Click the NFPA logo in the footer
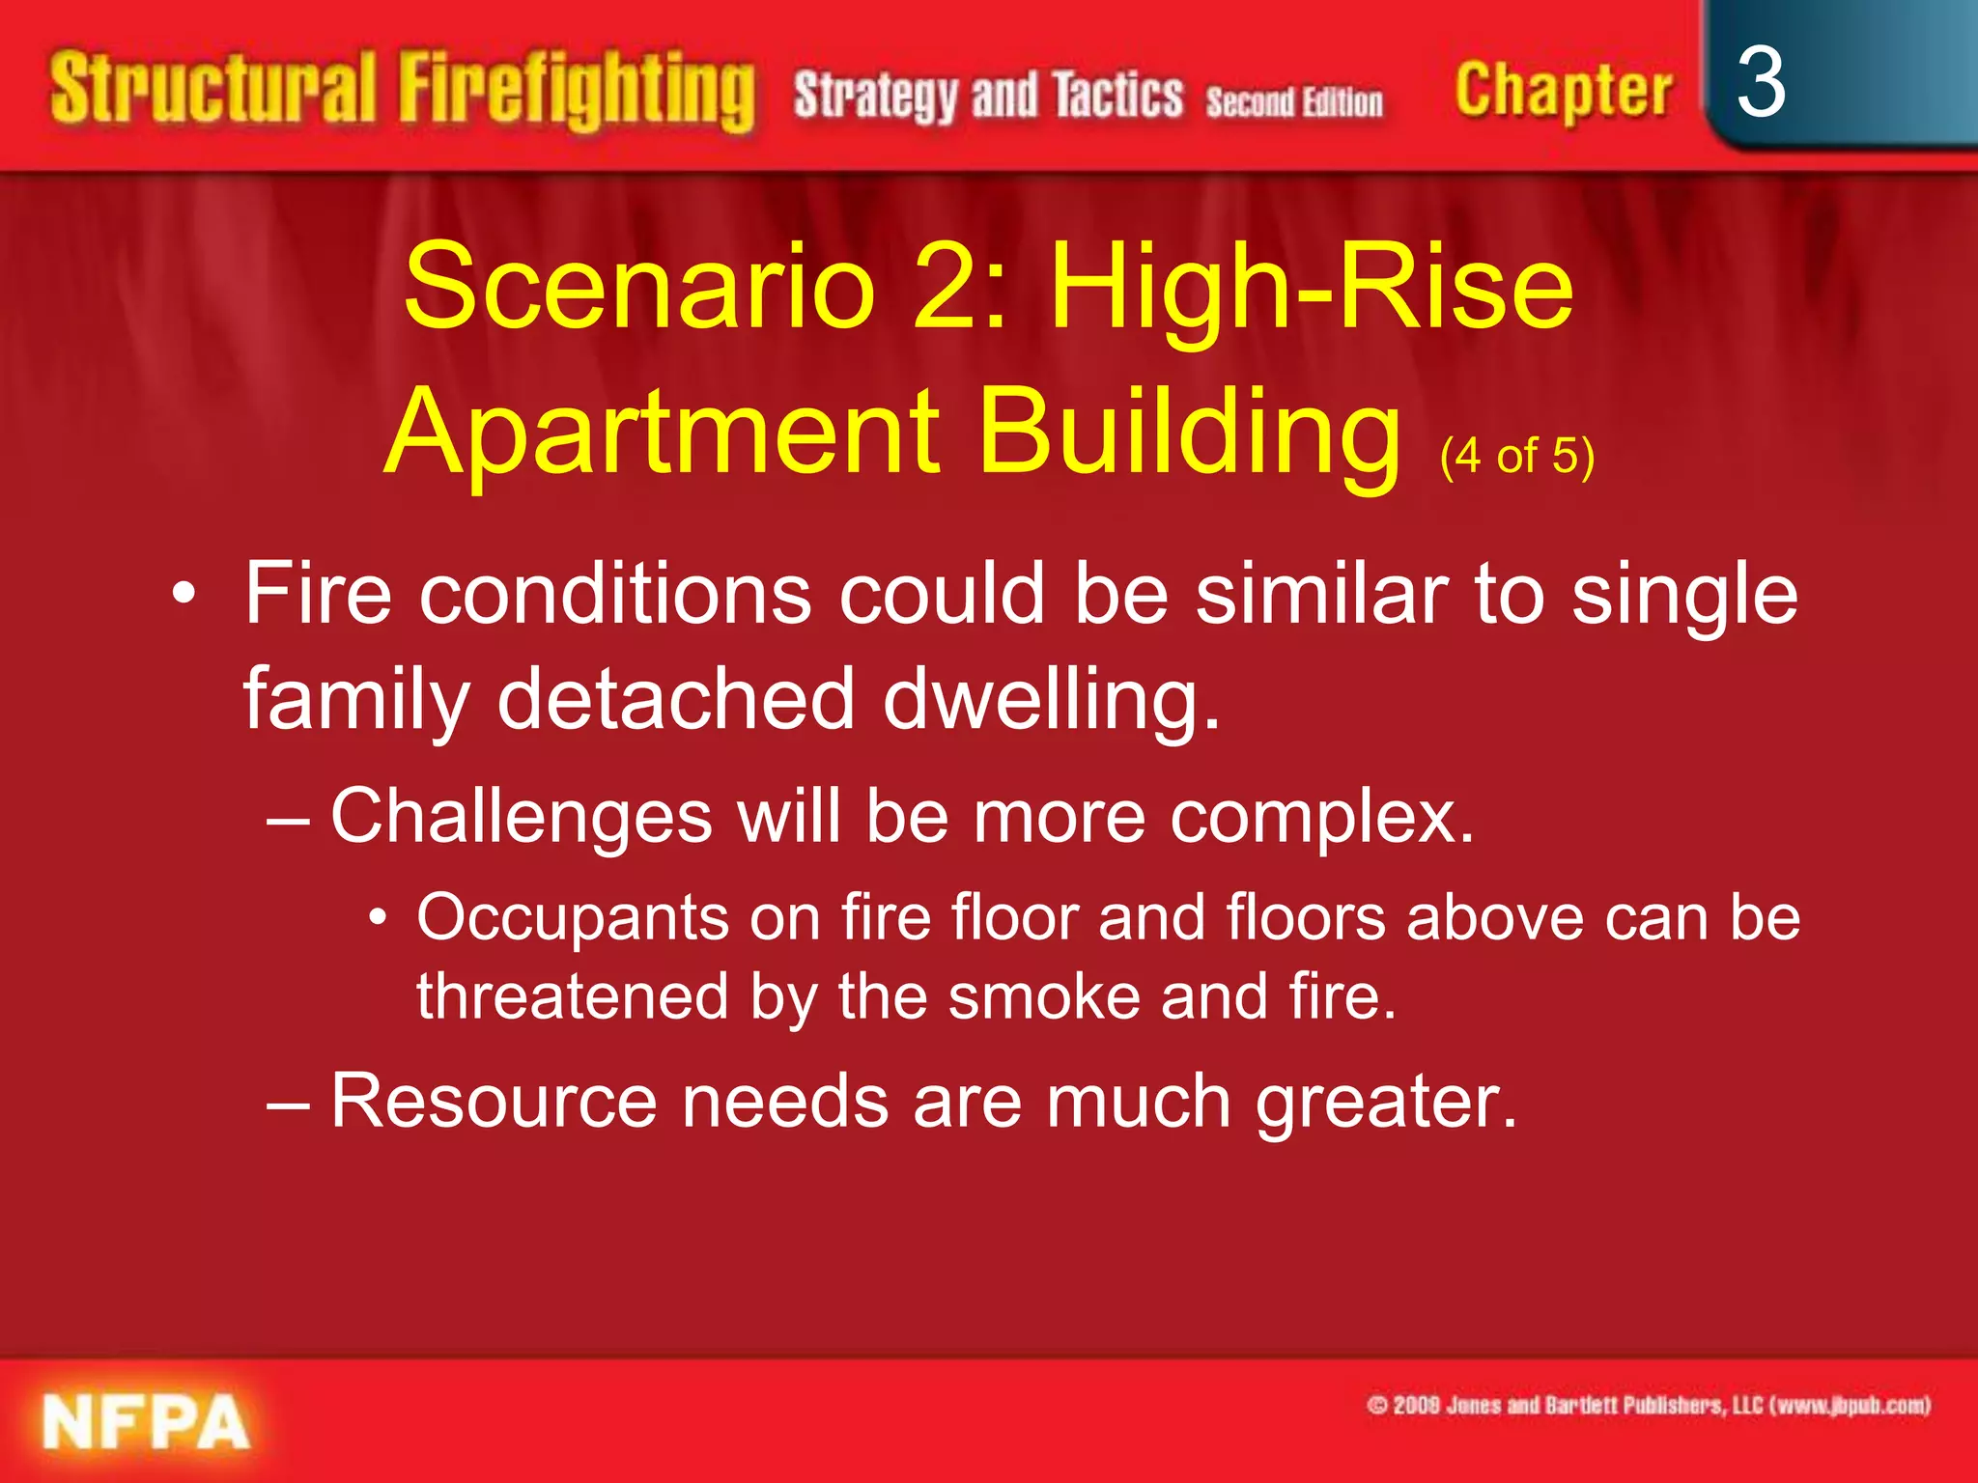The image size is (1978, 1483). pyautogui.click(x=146, y=1422)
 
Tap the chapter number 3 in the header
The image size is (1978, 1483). pyautogui.click(x=1760, y=84)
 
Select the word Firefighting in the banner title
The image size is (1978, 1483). pyautogui.click(x=577, y=92)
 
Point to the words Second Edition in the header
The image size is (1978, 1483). pyautogui.click(x=1294, y=101)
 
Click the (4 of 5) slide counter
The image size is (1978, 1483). pyautogui.click(x=1516, y=456)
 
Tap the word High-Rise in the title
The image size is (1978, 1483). pyautogui.click(x=1312, y=287)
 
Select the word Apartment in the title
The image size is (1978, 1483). pyautogui.click(x=664, y=432)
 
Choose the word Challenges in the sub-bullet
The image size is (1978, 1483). pyautogui.click(x=522, y=817)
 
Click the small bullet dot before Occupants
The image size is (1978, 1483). pyautogui.click(x=379, y=916)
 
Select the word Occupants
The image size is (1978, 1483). pyautogui.click(x=573, y=917)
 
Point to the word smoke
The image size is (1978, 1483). pyautogui.click(x=1044, y=996)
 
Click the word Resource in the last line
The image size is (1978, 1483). pyautogui.click(x=494, y=1101)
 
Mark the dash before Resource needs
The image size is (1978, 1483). pyautogui.click(x=288, y=1103)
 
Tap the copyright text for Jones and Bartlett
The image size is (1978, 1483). pyautogui.click(x=1648, y=1405)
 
